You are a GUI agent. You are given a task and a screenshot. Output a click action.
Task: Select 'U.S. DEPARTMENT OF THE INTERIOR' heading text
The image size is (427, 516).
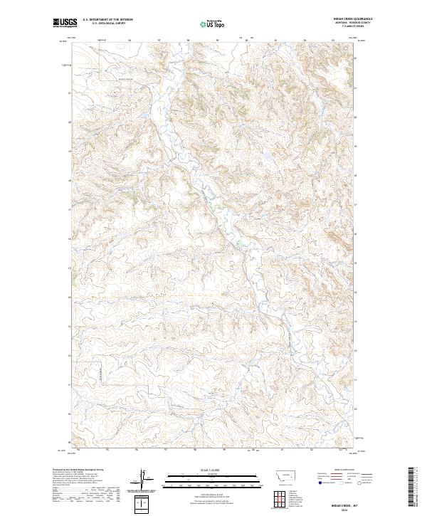point(108,20)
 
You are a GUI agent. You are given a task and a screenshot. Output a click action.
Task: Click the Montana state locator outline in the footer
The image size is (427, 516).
point(278,475)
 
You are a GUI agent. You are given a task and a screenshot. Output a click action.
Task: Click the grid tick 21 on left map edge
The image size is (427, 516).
point(69,92)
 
